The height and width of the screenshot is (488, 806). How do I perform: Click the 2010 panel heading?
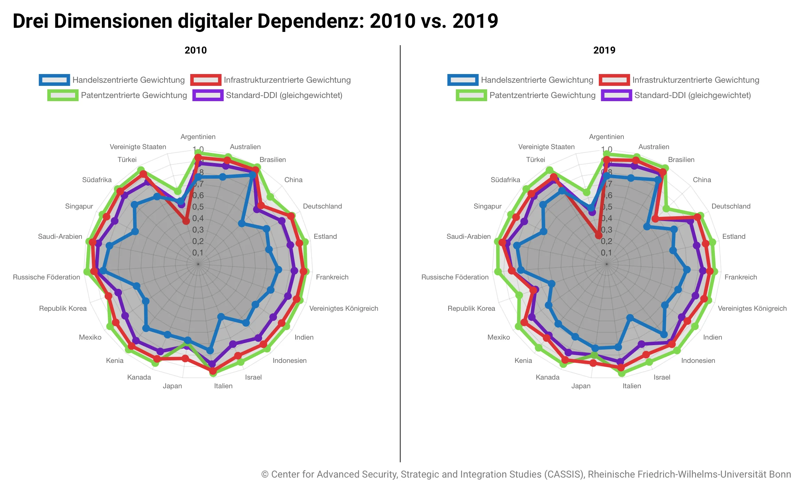(x=195, y=50)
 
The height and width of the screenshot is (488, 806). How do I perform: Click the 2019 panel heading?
(x=604, y=50)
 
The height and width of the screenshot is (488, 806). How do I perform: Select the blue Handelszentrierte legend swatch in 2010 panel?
(x=54, y=80)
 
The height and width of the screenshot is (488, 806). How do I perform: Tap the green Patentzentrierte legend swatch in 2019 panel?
(x=471, y=95)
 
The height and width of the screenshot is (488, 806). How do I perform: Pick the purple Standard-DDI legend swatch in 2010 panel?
(x=208, y=95)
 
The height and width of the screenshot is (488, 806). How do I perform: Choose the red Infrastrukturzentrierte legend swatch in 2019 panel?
(x=614, y=80)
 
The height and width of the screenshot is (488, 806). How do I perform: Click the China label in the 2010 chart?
(x=293, y=180)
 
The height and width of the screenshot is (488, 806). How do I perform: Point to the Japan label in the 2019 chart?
(x=581, y=386)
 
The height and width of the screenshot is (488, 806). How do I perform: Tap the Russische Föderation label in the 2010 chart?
(x=46, y=277)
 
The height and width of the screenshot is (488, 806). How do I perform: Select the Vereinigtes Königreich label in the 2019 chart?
(x=752, y=308)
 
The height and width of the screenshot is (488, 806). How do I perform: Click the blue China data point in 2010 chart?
(x=241, y=223)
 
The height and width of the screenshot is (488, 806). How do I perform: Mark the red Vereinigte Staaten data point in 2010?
(x=186, y=221)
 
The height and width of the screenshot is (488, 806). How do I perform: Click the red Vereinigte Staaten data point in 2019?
(x=598, y=235)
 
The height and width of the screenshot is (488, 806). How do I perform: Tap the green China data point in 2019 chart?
(x=666, y=209)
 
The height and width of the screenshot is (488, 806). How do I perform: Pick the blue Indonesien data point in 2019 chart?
(x=664, y=334)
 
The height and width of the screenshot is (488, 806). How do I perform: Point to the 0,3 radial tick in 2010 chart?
(x=198, y=230)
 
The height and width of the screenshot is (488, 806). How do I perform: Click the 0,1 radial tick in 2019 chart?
(x=606, y=253)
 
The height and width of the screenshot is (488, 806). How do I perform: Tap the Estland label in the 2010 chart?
(x=325, y=236)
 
